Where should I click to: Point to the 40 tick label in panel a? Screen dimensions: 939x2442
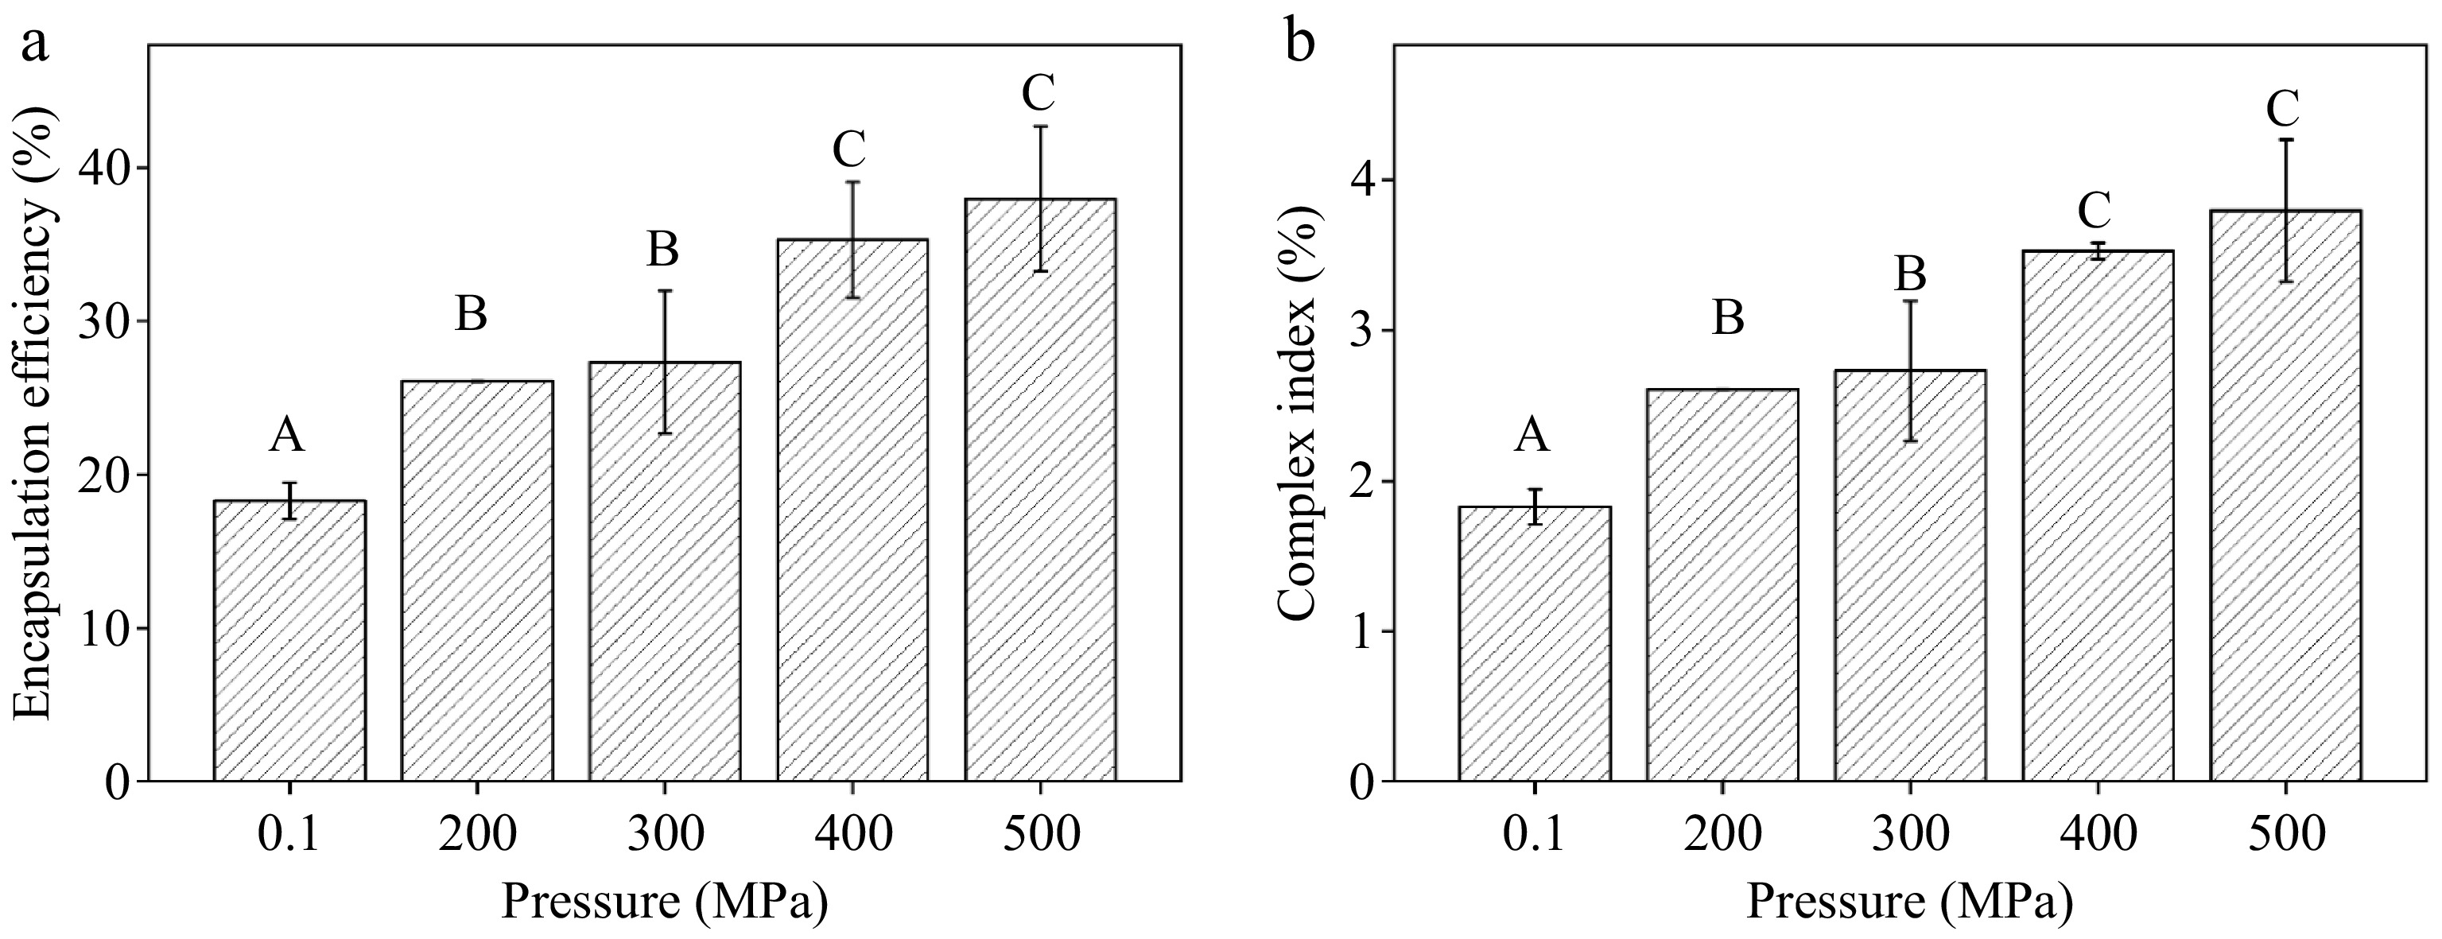[x=107, y=169]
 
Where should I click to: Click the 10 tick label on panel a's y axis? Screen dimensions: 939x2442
[x=107, y=628]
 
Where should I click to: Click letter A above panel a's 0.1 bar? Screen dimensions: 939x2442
[x=286, y=436]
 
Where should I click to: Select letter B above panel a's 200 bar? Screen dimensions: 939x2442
[x=472, y=315]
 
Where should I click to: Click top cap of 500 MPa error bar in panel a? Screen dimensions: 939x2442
[x=1040, y=126]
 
